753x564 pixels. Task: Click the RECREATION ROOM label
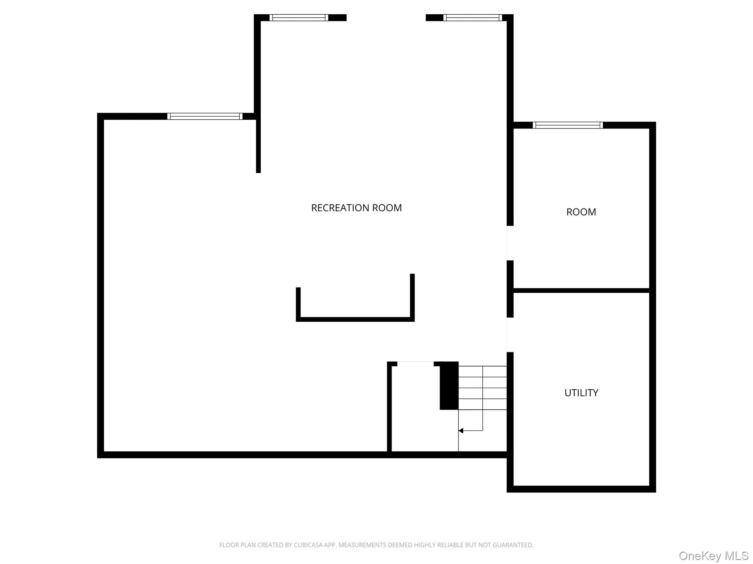[356, 208]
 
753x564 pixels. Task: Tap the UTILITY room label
[581, 393]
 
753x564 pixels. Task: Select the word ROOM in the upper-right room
[581, 212]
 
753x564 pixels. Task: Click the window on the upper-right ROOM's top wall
[568, 125]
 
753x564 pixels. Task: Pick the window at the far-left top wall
[205, 116]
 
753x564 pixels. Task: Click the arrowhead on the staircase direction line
[461, 431]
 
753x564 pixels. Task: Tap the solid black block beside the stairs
[449, 386]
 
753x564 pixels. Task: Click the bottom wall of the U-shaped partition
[355, 319]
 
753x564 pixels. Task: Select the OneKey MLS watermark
[714, 556]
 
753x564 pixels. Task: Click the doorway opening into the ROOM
[510, 243]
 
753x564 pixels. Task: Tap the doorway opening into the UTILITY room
[510, 335]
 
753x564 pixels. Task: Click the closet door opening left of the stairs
[415, 364]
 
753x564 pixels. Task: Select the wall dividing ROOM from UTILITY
[581, 290]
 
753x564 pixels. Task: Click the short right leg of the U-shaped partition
[412, 297]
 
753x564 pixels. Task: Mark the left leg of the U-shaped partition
[298, 304]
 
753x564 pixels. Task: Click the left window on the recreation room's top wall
[299, 18]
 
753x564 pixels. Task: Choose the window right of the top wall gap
[472, 18]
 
